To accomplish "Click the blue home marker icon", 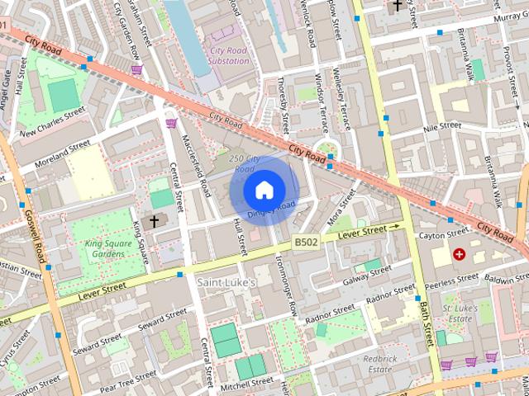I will click(x=264, y=191).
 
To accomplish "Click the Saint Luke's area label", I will click(x=227, y=282).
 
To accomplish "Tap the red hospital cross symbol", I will click(x=459, y=256).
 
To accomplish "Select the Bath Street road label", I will click(x=424, y=324).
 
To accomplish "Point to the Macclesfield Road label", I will click(x=196, y=165).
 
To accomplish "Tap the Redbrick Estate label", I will click(x=379, y=364).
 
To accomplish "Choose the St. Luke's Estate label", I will click(x=457, y=313).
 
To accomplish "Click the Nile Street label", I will click(x=441, y=127).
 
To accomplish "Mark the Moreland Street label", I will click(x=55, y=153).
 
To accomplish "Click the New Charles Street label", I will click(x=52, y=122).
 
